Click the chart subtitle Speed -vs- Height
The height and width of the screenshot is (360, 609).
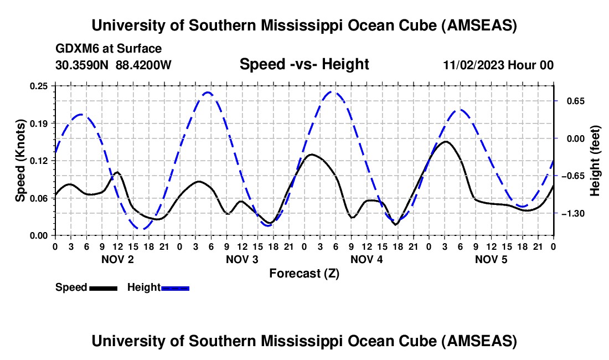[x=304, y=65]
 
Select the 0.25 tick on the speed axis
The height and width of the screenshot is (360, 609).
[x=39, y=86]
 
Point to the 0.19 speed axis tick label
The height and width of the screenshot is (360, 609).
[x=39, y=123]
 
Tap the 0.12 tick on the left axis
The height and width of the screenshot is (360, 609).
[x=39, y=161]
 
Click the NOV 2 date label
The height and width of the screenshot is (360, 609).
[x=117, y=259]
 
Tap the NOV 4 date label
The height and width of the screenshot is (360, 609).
[x=367, y=259]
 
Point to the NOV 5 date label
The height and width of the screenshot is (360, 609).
[x=491, y=259]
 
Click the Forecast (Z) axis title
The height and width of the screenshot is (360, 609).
[x=304, y=273]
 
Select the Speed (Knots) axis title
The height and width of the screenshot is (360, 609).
[x=20, y=161]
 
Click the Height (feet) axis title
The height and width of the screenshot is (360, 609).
[x=595, y=161]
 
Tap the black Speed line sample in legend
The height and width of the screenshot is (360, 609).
[x=103, y=288]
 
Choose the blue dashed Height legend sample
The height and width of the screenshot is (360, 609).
[x=175, y=288]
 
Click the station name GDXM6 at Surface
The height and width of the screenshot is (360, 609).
[x=109, y=49]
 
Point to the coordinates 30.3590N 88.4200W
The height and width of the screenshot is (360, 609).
[x=113, y=65]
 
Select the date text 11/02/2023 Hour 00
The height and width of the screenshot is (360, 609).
[x=498, y=65]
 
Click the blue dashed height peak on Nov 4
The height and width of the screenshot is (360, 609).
[x=332, y=91]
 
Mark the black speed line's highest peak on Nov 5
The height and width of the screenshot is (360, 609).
[x=445, y=142]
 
